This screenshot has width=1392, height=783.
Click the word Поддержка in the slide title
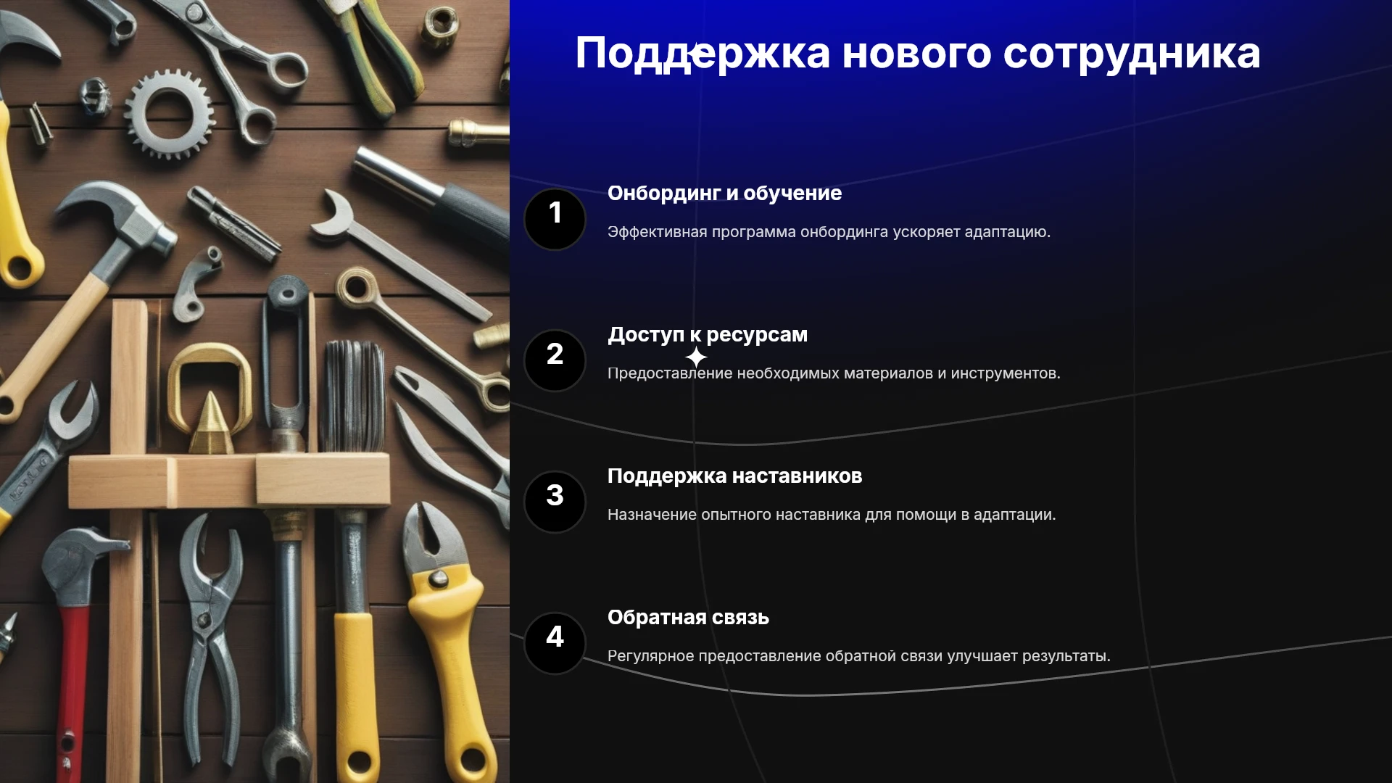[703, 54]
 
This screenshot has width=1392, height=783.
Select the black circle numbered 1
[555, 219]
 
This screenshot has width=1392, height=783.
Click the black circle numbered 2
[555, 360]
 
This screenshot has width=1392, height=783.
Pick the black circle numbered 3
[555, 502]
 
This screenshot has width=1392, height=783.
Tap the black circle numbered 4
[555, 643]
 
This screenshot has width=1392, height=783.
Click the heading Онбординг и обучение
[724, 194]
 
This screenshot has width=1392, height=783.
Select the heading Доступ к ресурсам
[708, 335]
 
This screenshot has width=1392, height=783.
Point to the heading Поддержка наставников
[734, 476]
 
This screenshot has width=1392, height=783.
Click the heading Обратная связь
[688, 618]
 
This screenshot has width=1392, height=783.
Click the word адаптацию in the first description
[1007, 233]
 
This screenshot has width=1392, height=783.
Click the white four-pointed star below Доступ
[696, 357]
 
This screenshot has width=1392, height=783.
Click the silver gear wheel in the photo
[169, 114]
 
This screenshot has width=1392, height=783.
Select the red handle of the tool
[72, 689]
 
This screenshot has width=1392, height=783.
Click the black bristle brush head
[353, 396]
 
